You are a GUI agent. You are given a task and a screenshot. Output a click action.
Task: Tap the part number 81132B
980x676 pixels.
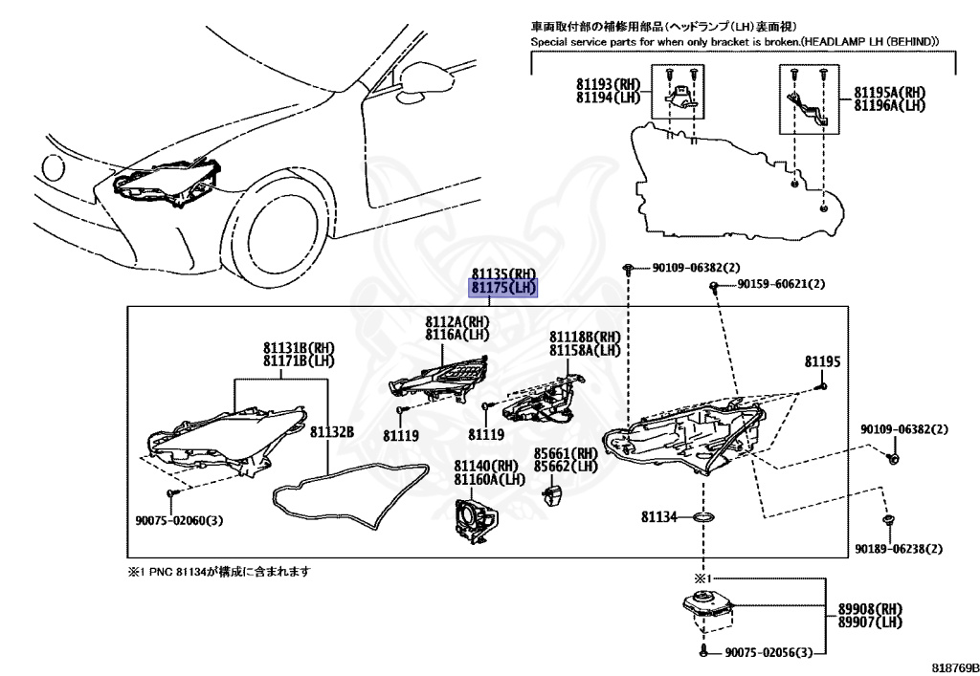(x=332, y=432)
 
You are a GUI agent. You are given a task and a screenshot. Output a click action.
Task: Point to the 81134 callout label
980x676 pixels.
(x=658, y=517)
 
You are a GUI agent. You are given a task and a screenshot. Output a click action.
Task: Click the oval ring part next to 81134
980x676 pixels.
(x=704, y=517)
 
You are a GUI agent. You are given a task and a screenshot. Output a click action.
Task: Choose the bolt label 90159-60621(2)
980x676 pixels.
(x=781, y=284)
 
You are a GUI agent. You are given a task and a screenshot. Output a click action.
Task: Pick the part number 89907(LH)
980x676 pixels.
(x=870, y=621)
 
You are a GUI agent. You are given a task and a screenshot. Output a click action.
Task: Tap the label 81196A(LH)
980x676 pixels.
(x=889, y=105)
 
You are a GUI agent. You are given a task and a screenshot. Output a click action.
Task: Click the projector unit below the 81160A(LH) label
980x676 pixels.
(x=474, y=522)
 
